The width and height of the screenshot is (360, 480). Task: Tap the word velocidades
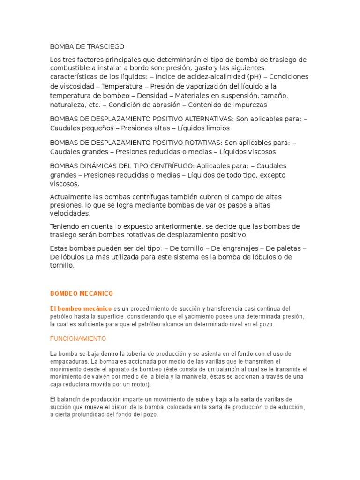pos(69,214)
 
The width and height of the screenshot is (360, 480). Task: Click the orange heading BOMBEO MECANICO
pos(82,293)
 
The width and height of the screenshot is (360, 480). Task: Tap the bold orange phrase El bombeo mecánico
pos(81,308)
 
